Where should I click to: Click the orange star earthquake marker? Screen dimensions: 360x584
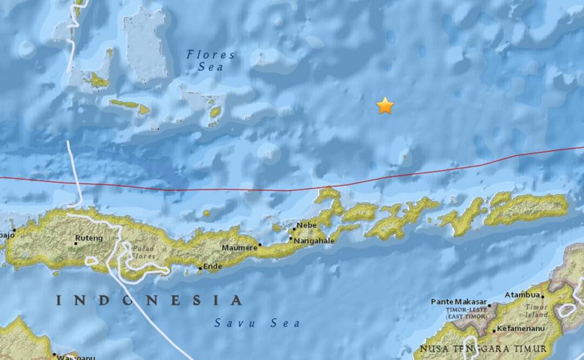coord(385,105)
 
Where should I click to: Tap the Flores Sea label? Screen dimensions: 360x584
coord(210,60)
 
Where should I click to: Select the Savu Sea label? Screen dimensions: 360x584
coord(257,323)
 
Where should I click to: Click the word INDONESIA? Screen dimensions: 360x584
coord(149,300)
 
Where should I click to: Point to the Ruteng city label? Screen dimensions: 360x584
coord(89,237)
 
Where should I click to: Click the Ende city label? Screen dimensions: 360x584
coord(212,266)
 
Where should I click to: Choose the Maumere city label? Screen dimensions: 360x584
coord(239,248)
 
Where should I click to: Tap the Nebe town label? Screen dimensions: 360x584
coord(306,224)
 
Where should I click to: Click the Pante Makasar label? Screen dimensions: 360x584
coord(459,302)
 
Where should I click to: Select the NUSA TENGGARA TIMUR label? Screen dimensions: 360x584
coord(483,348)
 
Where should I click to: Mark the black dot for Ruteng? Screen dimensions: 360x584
coord(76,243)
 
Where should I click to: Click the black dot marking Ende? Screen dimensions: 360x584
coord(200,268)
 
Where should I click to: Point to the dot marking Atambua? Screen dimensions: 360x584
coord(542,297)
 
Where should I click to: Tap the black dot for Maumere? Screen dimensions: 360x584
coord(260,245)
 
